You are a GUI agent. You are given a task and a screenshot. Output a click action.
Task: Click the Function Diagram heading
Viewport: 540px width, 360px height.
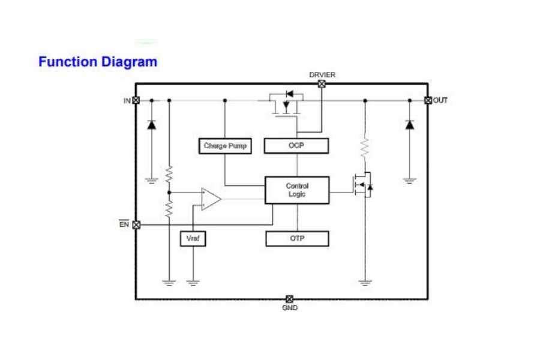click(x=98, y=61)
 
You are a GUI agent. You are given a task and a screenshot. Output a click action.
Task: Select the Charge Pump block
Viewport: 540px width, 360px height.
click(x=224, y=146)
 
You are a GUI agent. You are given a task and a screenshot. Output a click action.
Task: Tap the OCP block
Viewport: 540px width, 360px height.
click(x=296, y=146)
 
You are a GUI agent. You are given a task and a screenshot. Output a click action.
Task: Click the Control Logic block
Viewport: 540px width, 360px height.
click(x=297, y=190)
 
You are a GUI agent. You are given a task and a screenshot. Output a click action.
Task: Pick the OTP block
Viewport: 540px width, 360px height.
click(x=297, y=238)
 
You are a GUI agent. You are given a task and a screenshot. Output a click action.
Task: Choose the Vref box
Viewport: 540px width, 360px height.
click(x=193, y=238)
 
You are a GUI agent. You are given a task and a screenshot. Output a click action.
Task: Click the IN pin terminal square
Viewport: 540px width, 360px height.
click(x=136, y=100)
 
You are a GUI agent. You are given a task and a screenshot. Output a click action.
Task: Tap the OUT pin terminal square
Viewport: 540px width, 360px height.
click(x=428, y=100)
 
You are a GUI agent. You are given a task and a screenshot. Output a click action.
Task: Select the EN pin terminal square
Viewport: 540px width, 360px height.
click(x=136, y=224)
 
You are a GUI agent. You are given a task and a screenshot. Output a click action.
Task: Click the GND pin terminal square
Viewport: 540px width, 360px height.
click(x=289, y=298)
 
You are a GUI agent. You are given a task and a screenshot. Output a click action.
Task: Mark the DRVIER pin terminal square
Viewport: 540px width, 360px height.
click(x=322, y=84)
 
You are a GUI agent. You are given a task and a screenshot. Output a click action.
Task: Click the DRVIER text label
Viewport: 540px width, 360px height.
click(x=322, y=75)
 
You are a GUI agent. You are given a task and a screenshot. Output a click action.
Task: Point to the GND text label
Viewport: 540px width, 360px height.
click(x=289, y=308)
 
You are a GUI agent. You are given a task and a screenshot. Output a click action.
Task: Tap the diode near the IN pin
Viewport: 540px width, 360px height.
click(x=151, y=125)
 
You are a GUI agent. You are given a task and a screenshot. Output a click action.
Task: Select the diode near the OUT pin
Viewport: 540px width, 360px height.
click(x=410, y=125)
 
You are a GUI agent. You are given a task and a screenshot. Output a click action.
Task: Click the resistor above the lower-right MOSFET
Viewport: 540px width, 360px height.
click(x=364, y=148)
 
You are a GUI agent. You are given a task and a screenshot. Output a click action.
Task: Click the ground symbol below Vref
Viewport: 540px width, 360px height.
click(x=193, y=281)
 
